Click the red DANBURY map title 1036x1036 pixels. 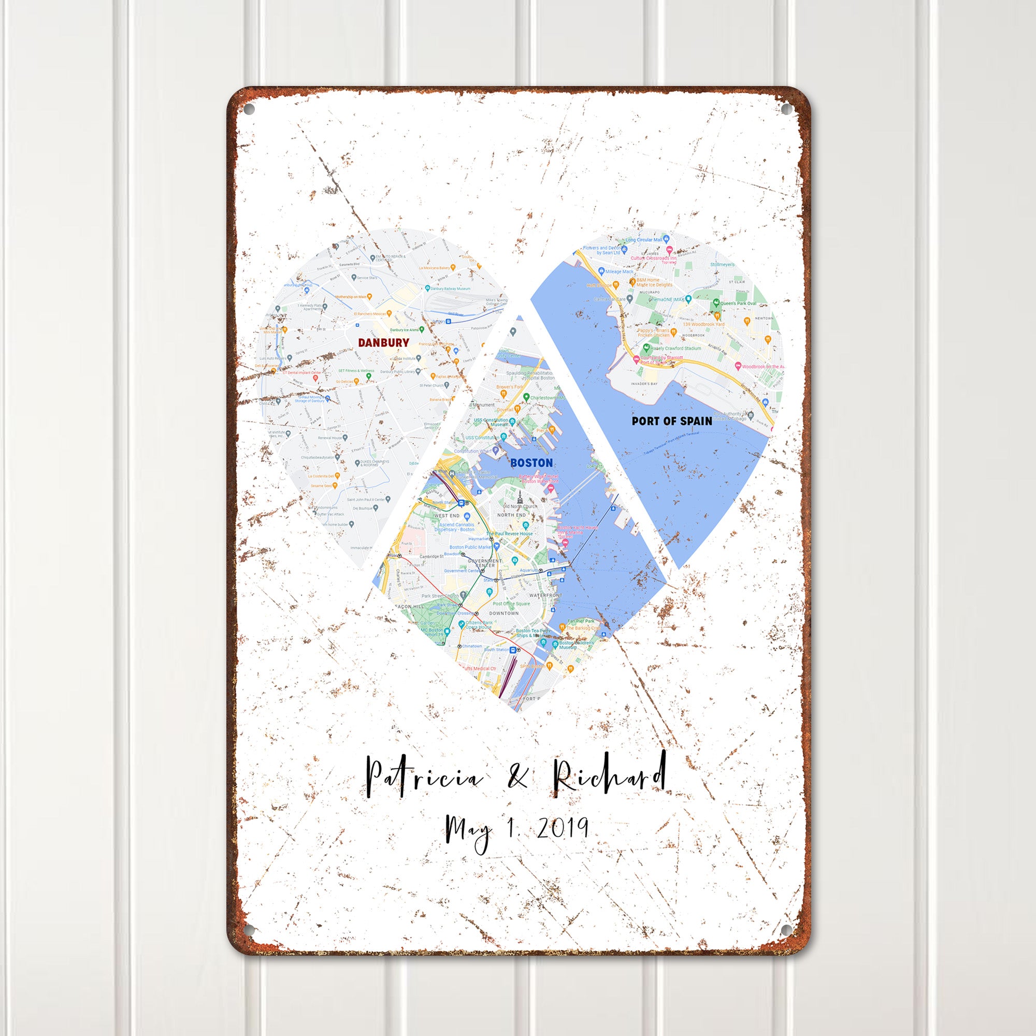tap(383, 342)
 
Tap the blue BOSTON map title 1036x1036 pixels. tap(531, 462)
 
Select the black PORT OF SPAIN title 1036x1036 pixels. tap(672, 421)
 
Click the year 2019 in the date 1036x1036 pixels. tap(563, 843)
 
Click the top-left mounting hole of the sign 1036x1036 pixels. tap(248, 109)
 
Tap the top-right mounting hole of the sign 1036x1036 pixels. tap(786, 109)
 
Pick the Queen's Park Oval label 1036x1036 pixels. tap(741, 303)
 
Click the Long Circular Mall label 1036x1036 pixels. tap(643, 240)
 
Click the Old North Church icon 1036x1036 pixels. tap(520, 494)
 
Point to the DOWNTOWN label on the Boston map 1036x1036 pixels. tap(504, 612)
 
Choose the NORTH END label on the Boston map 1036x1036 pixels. tap(512, 515)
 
